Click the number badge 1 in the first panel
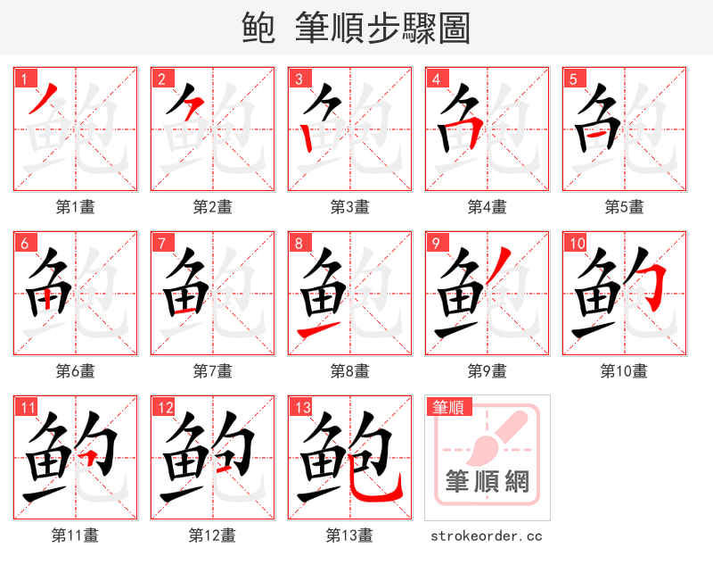[22, 78]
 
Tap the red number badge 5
[571, 78]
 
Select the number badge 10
[576, 242]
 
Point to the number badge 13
[301, 406]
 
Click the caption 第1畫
[76, 207]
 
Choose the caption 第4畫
[488, 207]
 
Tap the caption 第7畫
[213, 370]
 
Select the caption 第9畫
[488, 370]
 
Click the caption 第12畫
[213, 535]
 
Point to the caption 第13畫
[350, 535]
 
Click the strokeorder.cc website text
[487, 536]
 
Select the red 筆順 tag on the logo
[447, 407]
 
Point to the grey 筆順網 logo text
[488, 483]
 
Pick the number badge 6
[22, 242]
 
